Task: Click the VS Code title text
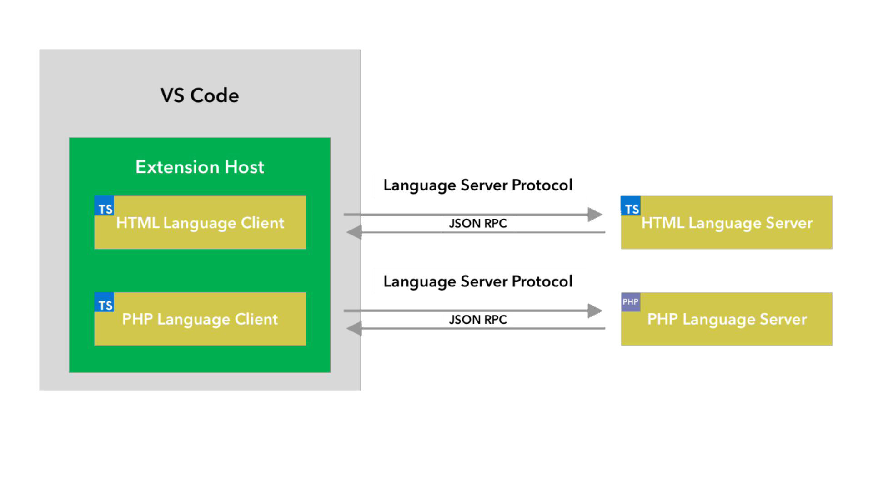(199, 95)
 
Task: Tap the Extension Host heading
(200, 167)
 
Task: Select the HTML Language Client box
(200, 223)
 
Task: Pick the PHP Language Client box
(200, 319)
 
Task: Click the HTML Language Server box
(727, 223)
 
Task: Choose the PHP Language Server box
(727, 319)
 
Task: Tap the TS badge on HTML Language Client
(104, 206)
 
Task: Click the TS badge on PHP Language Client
(104, 302)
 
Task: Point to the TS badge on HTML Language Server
(631, 206)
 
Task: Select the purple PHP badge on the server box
(631, 302)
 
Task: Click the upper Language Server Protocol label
(478, 185)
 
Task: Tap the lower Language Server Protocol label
(478, 282)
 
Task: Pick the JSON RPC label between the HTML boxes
(478, 223)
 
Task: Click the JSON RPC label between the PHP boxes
(478, 320)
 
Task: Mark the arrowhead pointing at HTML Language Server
(595, 215)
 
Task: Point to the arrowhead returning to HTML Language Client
(354, 232)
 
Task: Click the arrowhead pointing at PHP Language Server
(595, 311)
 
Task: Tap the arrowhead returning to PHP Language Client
(354, 329)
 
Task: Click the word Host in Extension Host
(244, 167)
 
